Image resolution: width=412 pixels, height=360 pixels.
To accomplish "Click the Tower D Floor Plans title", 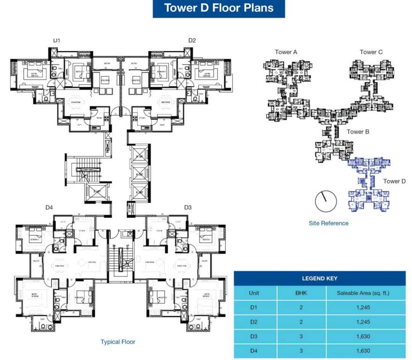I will pos(218,8).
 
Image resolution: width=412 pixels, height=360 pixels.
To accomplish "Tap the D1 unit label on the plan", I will pos(56,41).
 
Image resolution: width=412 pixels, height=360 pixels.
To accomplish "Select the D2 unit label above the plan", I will pos(192,41).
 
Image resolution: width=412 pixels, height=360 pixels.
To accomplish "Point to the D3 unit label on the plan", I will pos(188,207).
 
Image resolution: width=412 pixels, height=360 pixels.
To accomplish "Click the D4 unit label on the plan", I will pos(49,207).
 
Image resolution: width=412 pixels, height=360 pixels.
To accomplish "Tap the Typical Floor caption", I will pos(118,342).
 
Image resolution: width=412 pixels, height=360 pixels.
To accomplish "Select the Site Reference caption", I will pos(328,223).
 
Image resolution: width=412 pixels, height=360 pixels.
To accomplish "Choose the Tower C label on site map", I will pos(371,52).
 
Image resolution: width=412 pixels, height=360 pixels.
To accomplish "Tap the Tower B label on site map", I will pos(358,132).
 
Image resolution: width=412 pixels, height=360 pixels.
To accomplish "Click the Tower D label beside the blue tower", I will pos(394,181).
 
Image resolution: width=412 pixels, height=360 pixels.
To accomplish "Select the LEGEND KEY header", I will pos(320,278).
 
